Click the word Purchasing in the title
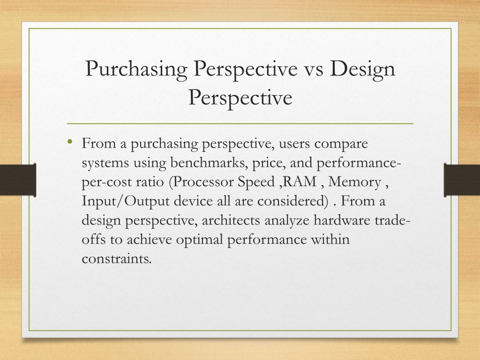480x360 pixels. [x=136, y=69]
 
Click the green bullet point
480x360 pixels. [x=70, y=142]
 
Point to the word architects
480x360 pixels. [x=231, y=220]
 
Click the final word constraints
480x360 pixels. [x=117, y=259]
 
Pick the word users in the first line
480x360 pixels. [x=294, y=144]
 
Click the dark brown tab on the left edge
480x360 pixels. [x=18, y=180]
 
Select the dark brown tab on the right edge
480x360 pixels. [x=462, y=180]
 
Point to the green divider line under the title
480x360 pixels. [x=240, y=124]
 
